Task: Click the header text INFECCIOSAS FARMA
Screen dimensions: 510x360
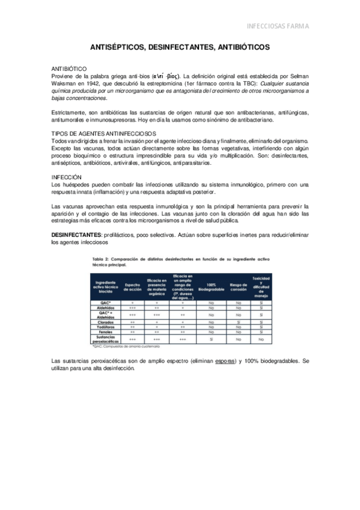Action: [x=278, y=26]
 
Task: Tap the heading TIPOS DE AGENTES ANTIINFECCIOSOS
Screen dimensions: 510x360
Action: [x=103, y=132]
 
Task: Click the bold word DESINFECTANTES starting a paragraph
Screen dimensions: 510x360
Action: [x=75, y=235]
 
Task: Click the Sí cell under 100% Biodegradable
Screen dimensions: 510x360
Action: [x=211, y=339]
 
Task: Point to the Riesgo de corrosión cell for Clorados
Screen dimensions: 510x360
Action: [x=239, y=322]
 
